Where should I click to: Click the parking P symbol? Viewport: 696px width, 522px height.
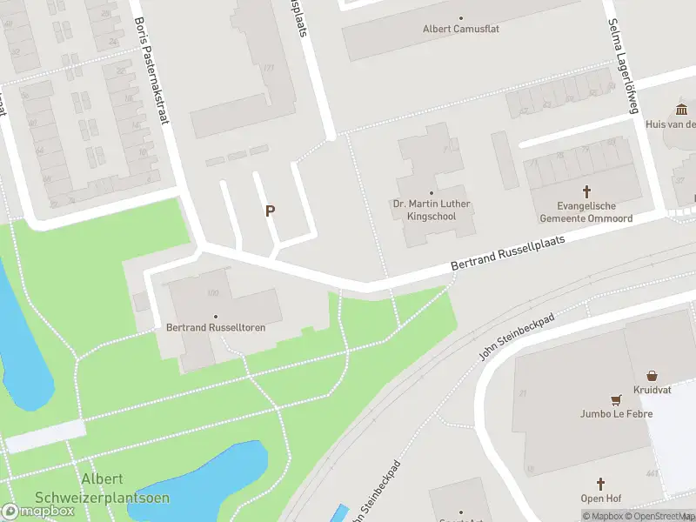(x=271, y=211)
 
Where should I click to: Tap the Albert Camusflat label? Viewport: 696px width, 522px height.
(x=461, y=29)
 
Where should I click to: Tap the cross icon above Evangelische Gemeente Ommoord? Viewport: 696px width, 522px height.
(x=586, y=191)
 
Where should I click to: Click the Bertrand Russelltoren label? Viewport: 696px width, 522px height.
(x=216, y=328)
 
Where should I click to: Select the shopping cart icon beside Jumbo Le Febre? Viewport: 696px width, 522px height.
(x=617, y=400)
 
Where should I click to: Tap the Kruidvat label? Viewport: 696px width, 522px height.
(x=652, y=389)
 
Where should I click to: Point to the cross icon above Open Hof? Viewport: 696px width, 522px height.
(x=599, y=484)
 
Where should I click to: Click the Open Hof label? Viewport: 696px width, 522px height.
(x=599, y=499)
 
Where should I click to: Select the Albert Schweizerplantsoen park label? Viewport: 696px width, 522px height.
(x=102, y=489)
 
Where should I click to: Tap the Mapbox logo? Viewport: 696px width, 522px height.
(x=39, y=511)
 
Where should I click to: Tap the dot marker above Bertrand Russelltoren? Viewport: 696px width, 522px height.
(x=216, y=316)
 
